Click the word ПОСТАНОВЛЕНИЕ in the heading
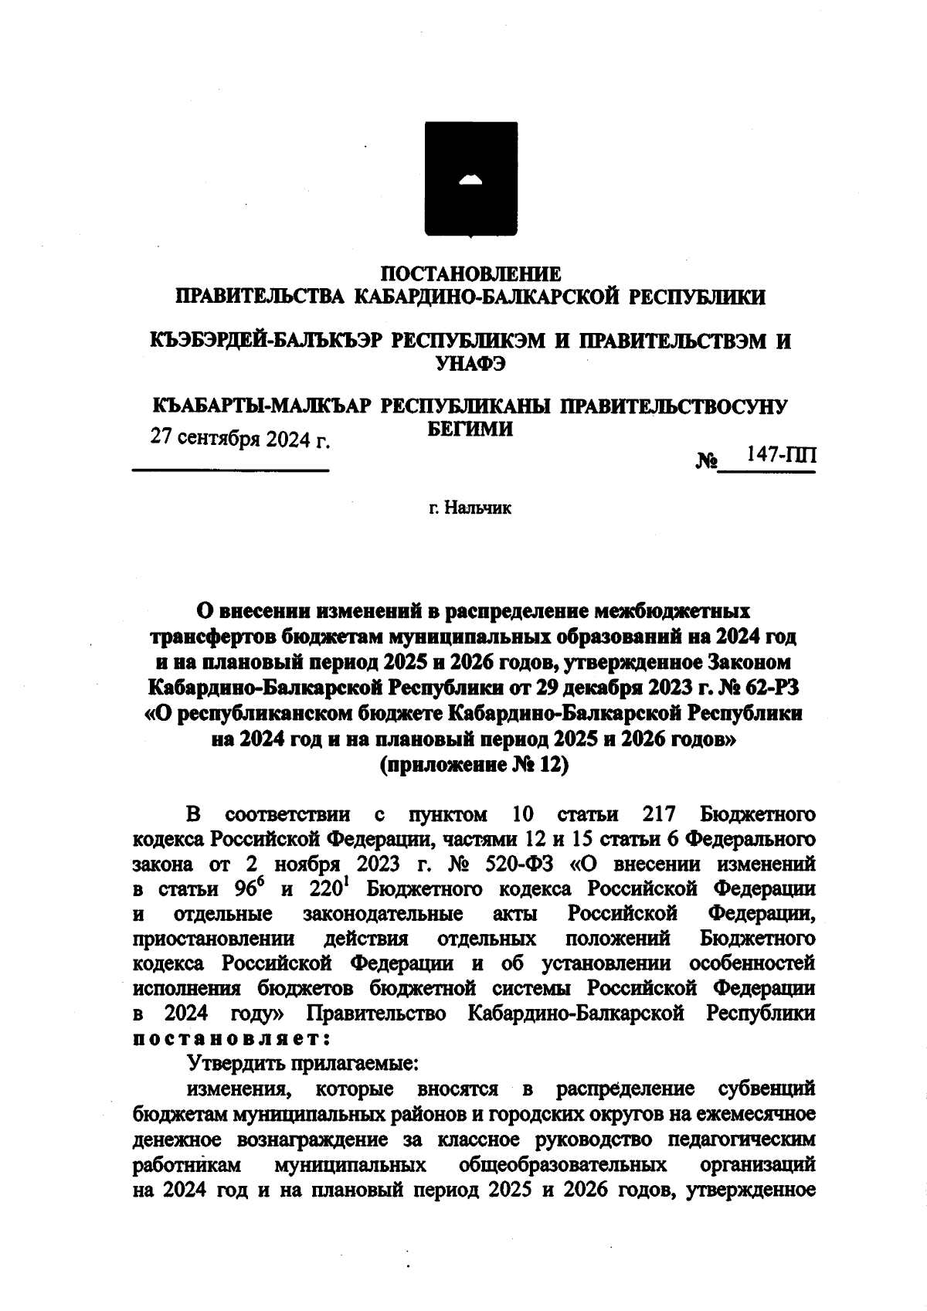(x=472, y=273)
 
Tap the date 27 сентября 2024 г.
(x=240, y=439)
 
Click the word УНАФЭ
(x=470, y=365)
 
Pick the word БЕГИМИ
(x=470, y=430)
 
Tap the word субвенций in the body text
(x=766, y=1089)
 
